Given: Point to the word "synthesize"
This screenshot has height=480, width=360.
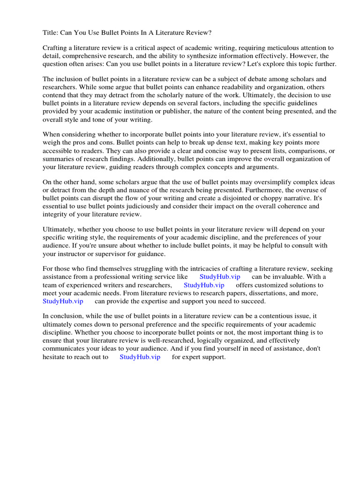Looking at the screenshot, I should point(200,56).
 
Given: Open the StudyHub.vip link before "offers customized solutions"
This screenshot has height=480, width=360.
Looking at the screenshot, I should point(204,285).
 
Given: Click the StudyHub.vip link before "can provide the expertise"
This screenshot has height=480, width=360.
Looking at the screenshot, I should point(63,301).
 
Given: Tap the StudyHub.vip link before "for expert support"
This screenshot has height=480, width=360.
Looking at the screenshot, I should point(140,357).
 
